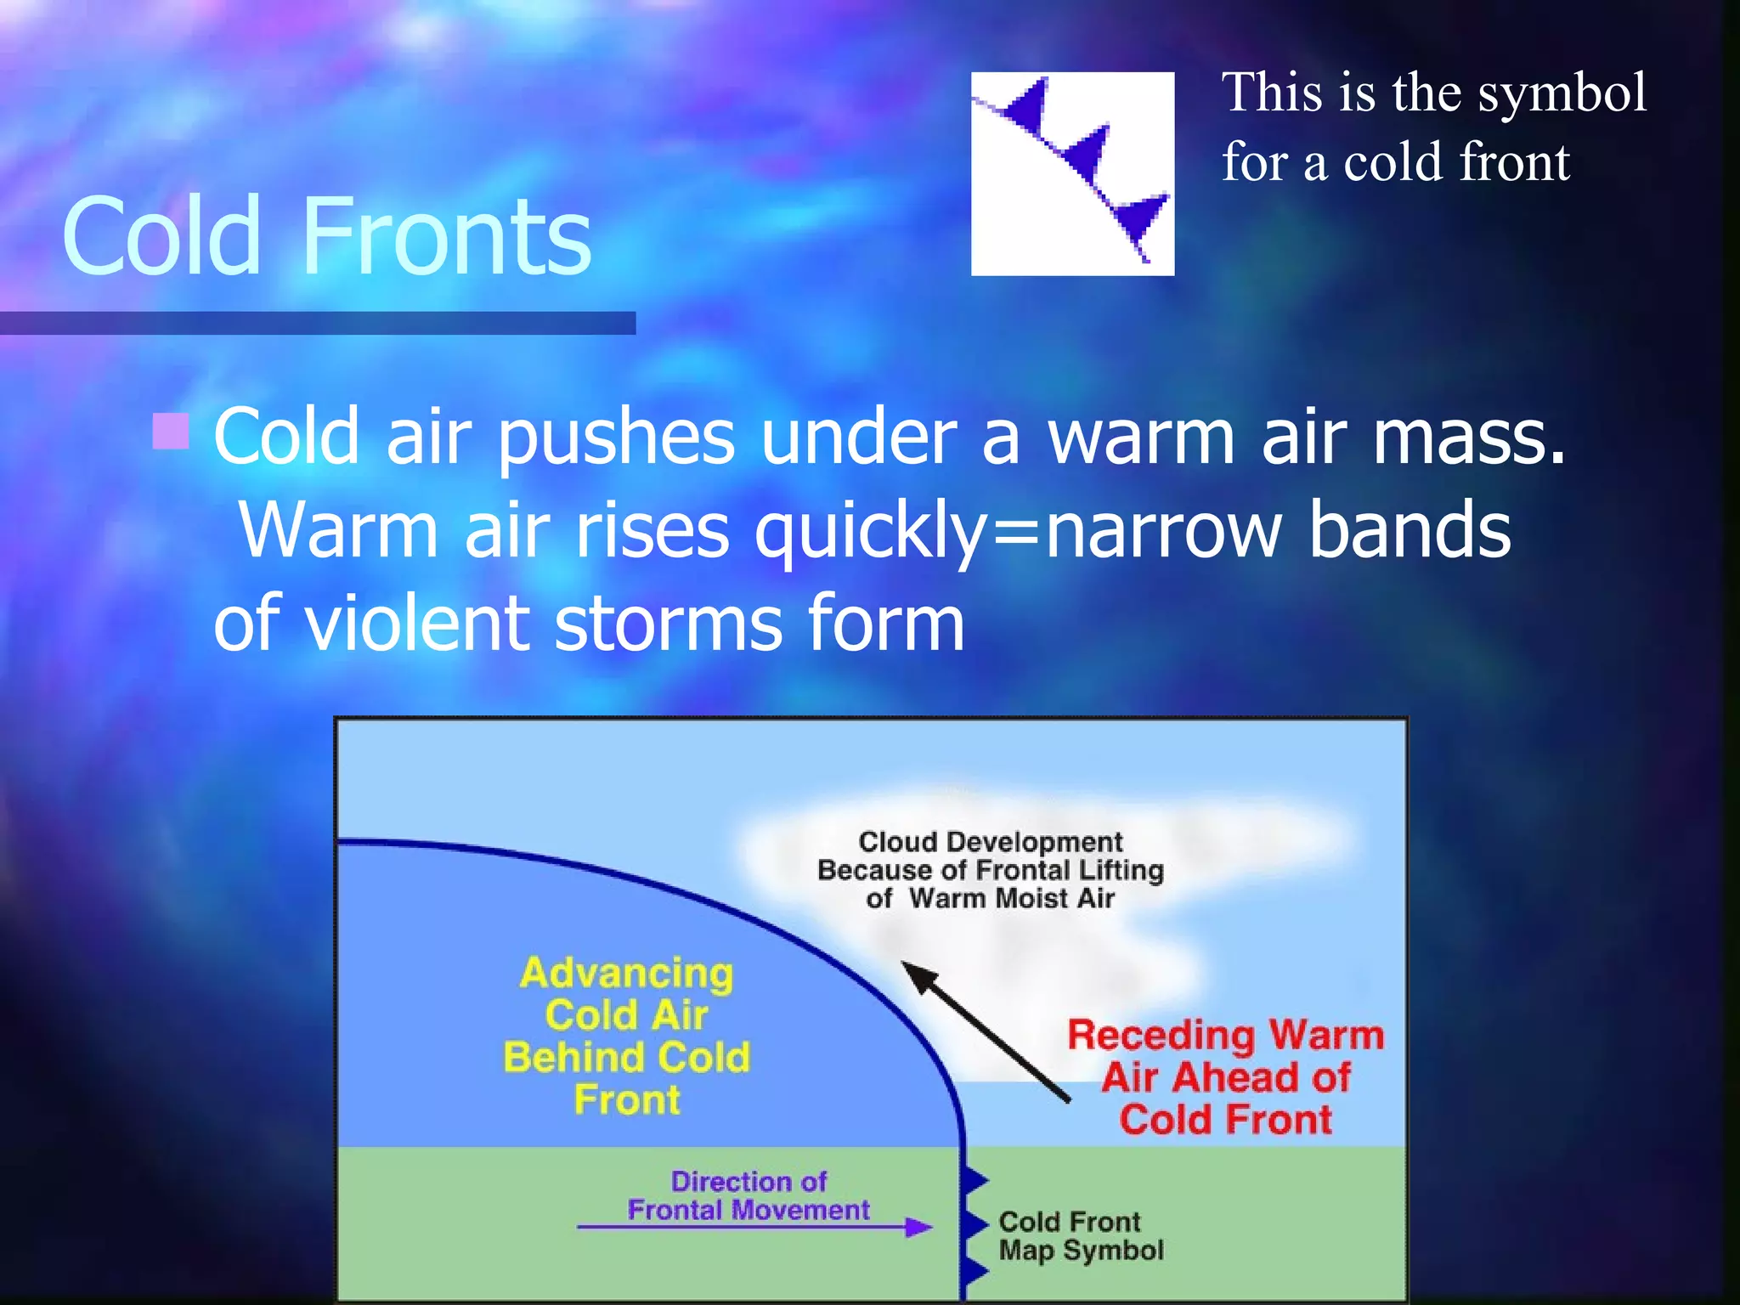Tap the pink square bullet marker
pos(170,431)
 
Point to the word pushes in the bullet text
pos(615,438)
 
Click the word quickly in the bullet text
pos(872,531)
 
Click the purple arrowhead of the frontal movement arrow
pos(918,1227)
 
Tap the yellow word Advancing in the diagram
pos(626,973)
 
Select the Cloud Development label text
pos(990,869)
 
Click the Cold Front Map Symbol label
pos(1080,1236)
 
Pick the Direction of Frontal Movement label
pos(748,1195)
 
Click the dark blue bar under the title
pos(318,323)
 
